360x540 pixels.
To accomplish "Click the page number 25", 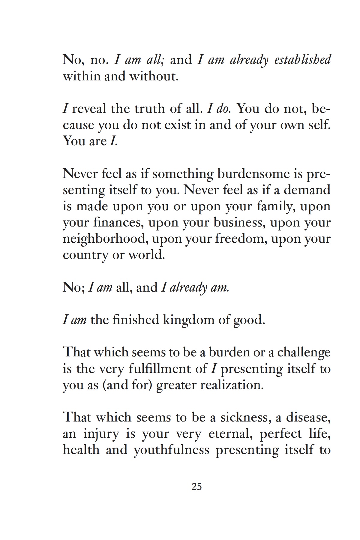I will [196, 486].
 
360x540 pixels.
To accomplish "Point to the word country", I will [85, 255].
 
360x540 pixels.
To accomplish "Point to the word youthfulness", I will [171, 450].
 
